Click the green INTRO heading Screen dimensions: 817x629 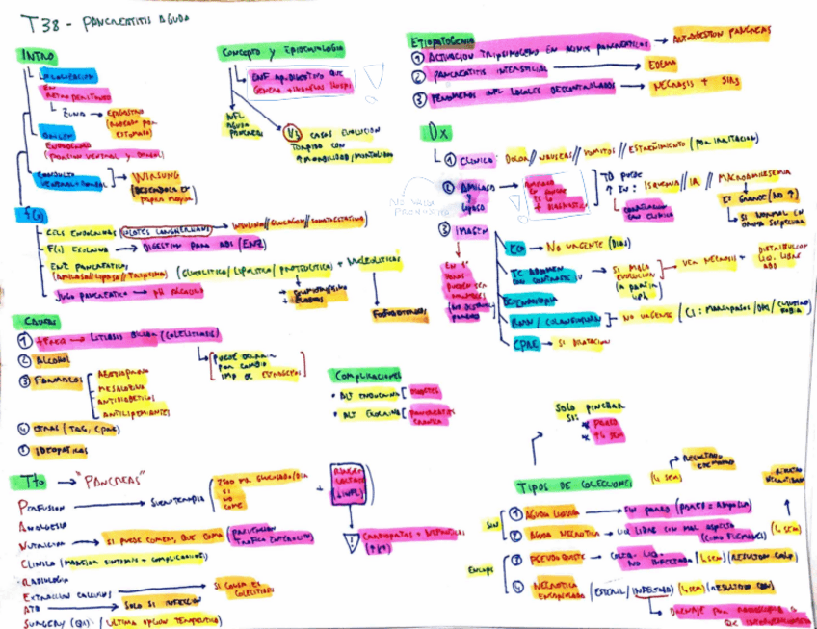37,56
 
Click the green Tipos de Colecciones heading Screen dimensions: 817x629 573,483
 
